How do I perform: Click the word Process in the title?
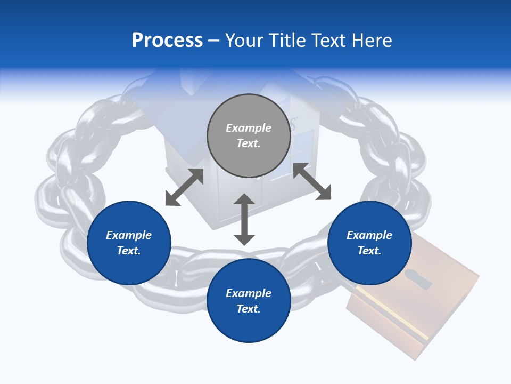pos(167,41)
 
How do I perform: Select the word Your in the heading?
pos(245,41)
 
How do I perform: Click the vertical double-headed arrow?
pos(244,219)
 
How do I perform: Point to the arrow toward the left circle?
pos(184,187)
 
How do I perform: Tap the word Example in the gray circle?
pos(249,128)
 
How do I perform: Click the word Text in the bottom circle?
pos(249,309)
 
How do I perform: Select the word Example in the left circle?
pos(129,235)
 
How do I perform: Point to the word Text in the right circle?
pos(369,251)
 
